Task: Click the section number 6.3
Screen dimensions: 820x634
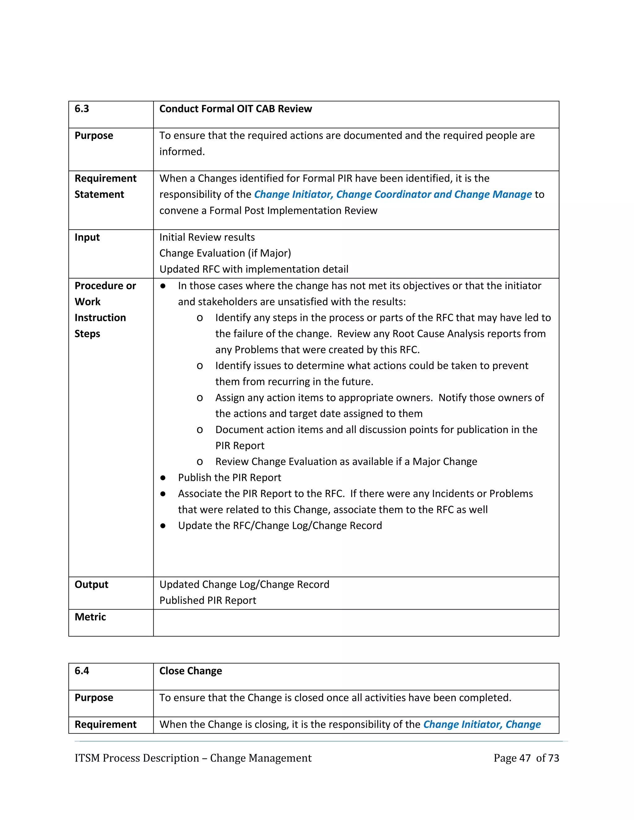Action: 81,109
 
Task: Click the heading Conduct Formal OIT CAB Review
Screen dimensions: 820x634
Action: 236,109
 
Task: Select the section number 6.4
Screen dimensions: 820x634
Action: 81,671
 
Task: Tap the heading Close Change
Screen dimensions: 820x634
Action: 190,671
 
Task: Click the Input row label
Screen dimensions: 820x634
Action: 87,237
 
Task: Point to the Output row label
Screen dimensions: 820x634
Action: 91,585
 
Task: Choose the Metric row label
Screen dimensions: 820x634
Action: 90,617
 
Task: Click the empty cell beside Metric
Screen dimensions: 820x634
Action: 356,623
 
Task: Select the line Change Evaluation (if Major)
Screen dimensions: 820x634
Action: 225,253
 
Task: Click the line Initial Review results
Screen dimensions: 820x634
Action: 207,237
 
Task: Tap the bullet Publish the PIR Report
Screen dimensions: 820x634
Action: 229,477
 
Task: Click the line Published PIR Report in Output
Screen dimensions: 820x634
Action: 208,600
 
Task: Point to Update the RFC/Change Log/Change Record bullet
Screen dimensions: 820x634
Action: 280,526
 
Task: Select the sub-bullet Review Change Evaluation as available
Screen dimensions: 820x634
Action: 346,461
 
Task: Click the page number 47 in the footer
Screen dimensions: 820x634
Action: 525,758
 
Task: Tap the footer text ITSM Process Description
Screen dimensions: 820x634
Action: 137,758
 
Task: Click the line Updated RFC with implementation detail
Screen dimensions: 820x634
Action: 254,269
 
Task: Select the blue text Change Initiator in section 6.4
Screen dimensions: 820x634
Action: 462,724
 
